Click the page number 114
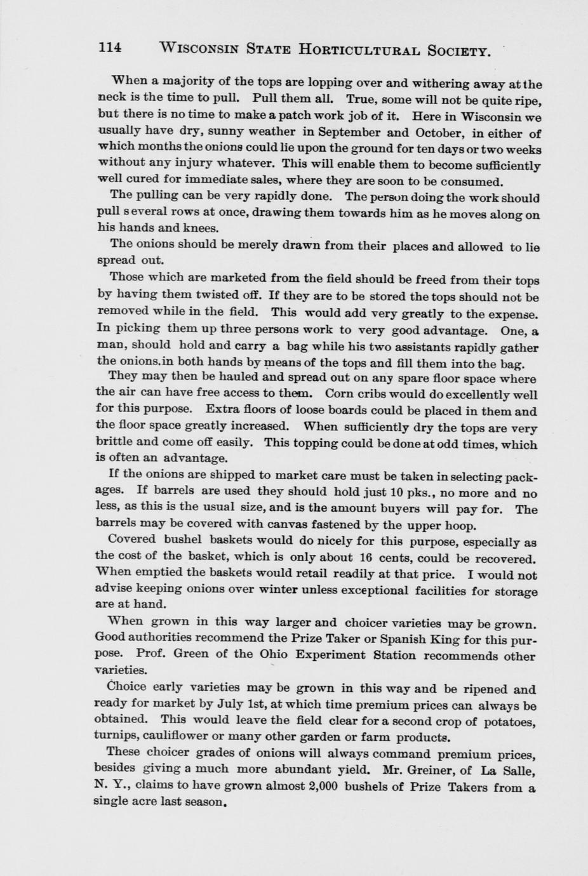(110, 48)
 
